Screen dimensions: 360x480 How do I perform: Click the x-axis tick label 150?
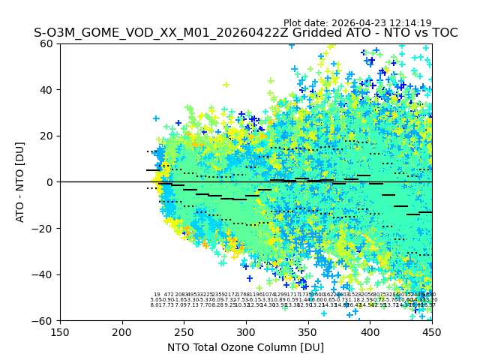click(x=60, y=331)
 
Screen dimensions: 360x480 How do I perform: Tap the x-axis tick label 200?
click(x=122, y=331)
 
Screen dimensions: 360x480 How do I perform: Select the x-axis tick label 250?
click(x=184, y=331)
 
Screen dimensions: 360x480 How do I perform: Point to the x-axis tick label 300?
click(x=246, y=331)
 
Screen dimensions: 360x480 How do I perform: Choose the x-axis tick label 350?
click(x=308, y=331)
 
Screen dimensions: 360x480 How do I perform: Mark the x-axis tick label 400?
click(x=370, y=331)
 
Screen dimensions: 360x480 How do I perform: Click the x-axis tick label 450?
click(x=432, y=331)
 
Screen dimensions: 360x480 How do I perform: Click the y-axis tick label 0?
click(x=51, y=182)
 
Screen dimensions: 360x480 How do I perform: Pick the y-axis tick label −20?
click(x=44, y=228)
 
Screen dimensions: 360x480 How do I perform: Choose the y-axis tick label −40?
click(x=44, y=274)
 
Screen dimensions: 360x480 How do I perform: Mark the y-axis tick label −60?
click(x=44, y=320)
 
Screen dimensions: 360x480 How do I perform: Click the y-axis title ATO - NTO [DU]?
click(x=21, y=182)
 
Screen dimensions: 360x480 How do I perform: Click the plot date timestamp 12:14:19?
click(x=410, y=23)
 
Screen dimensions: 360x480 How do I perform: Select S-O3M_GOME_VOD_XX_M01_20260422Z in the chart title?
click(x=142, y=33)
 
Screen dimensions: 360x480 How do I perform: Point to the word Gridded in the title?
click(x=277, y=33)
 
